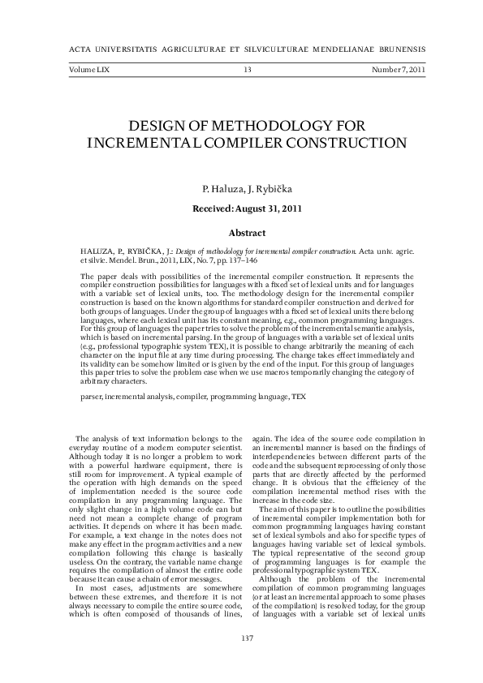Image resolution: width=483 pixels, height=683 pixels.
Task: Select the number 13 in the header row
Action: [x=247, y=71]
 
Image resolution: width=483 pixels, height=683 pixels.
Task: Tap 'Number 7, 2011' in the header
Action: [x=398, y=71]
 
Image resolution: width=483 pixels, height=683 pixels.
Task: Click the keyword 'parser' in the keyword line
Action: [x=90, y=399]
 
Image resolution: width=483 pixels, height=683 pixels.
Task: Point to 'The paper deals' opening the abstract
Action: [x=106, y=277]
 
